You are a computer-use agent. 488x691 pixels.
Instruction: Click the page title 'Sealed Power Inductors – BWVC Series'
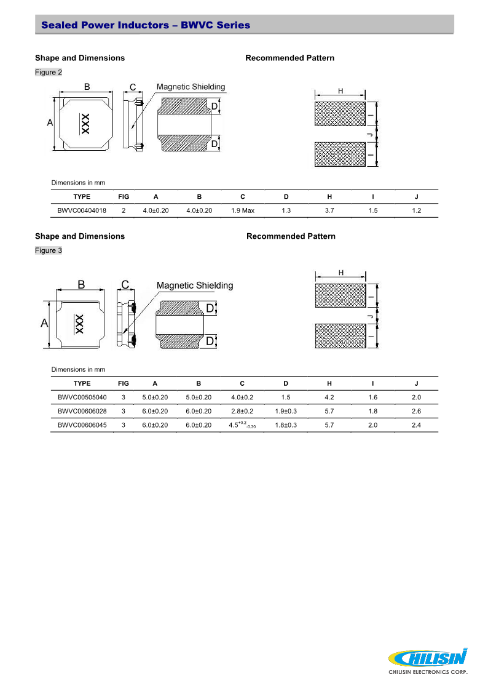tap(146, 25)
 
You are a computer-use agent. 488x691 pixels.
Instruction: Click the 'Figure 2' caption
tap(49, 73)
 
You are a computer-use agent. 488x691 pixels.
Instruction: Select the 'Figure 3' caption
tap(49, 250)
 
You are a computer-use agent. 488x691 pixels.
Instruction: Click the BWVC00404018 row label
tap(82, 210)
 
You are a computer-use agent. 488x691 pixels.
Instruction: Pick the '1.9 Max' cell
tap(243, 210)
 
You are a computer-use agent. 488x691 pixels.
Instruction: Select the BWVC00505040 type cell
tap(82, 397)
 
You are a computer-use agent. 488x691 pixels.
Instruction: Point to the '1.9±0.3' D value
tap(286, 411)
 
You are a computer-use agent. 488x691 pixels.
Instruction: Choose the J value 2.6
tap(416, 411)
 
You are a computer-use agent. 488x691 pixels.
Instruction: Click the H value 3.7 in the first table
tap(329, 210)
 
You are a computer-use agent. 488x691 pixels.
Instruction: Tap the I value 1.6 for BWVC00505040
tap(372, 397)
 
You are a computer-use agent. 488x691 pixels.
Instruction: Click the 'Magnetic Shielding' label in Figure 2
tap(191, 87)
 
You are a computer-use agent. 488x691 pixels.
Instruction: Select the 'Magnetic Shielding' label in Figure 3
tap(195, 286)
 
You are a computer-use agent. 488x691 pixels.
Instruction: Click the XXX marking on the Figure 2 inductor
tap(85, 124)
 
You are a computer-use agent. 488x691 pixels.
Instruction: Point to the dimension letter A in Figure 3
tap(44, 323)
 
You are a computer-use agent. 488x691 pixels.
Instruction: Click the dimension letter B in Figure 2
tap(87, 87)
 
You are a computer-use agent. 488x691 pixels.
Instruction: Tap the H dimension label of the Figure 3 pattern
tap(340, 273)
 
